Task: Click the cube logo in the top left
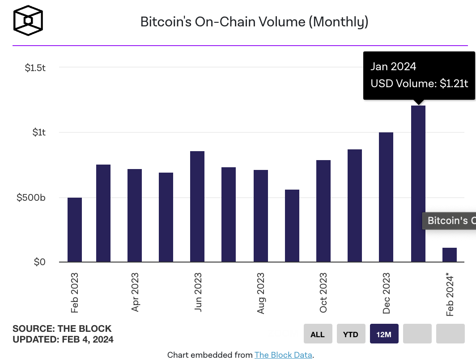28,21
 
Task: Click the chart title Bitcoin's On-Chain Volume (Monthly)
254,21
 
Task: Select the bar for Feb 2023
75,230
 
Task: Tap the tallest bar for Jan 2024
418,183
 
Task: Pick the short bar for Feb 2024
450,255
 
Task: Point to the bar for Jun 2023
197,207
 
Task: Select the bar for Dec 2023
386,197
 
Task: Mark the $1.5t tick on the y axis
35,68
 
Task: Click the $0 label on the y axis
40,262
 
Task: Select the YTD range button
351,334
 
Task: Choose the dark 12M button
384,334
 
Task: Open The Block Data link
284,355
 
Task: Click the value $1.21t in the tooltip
454,83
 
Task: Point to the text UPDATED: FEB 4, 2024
63,339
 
